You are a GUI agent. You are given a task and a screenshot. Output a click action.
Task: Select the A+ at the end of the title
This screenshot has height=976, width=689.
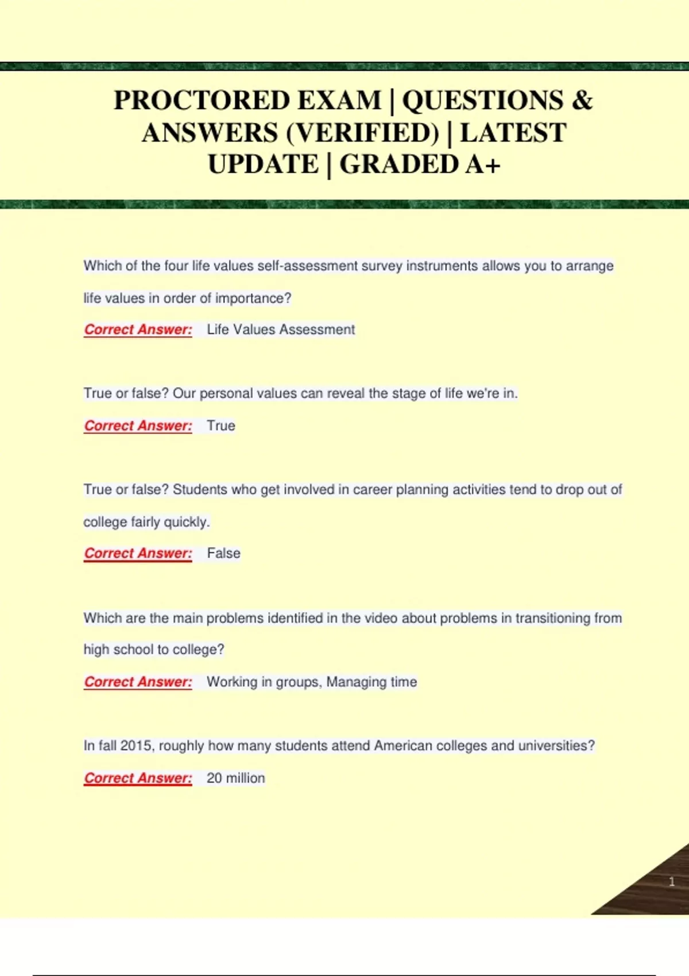click(483, 165)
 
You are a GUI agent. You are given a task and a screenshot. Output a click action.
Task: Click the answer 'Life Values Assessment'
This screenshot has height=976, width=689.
click(281, 330)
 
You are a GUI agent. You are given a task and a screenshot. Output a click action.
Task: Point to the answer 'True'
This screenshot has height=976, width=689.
click(221, 426)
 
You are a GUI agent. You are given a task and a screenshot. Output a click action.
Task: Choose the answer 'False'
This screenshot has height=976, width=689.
click(223, 553)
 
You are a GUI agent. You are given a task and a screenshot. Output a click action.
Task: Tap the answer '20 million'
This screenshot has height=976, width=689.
click(235, 778)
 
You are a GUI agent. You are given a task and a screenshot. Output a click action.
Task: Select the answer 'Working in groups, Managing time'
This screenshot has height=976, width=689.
click(312, 682)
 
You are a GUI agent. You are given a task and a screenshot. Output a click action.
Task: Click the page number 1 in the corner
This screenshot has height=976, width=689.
click(671, 881)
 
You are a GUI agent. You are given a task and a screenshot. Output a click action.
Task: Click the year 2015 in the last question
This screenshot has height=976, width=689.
click(136, 746)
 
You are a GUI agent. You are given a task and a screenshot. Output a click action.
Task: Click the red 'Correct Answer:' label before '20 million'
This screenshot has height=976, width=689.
click(138, 778)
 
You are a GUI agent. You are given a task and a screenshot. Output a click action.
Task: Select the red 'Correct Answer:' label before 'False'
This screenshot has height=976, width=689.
click(138, 553)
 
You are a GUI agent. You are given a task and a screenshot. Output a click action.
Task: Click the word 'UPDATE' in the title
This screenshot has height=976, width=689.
click(263, 165)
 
